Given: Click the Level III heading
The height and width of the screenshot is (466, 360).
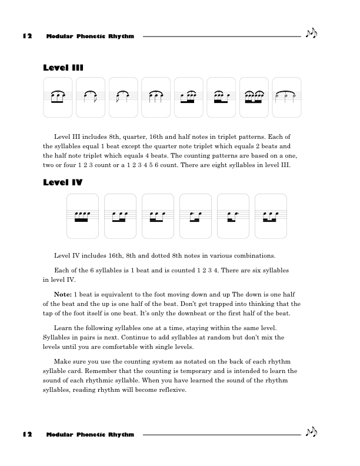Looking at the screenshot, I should tap(63, 68).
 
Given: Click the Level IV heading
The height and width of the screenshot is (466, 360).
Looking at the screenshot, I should tap(63, 183).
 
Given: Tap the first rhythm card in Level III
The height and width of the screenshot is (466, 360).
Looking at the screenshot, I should tap(58, 97).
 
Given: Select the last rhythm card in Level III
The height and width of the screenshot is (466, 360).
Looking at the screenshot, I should tap(286, 97).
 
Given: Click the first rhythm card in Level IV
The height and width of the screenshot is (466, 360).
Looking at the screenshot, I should tap(82, 216).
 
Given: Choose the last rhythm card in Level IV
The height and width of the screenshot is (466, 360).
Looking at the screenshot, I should tap(271, 216).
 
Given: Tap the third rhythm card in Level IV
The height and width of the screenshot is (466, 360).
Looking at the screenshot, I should tap(158, 216).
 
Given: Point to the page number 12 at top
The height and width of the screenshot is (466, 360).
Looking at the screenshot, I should tap(27, 36).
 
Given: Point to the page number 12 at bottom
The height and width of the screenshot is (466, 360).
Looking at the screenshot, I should tap(27, 435).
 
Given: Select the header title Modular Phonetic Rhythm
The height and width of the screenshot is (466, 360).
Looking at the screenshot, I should tap(90, 36).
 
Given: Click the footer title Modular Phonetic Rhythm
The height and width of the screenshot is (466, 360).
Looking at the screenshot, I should tap(90, 435).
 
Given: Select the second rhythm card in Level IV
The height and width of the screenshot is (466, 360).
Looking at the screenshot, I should tap(120, 216).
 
